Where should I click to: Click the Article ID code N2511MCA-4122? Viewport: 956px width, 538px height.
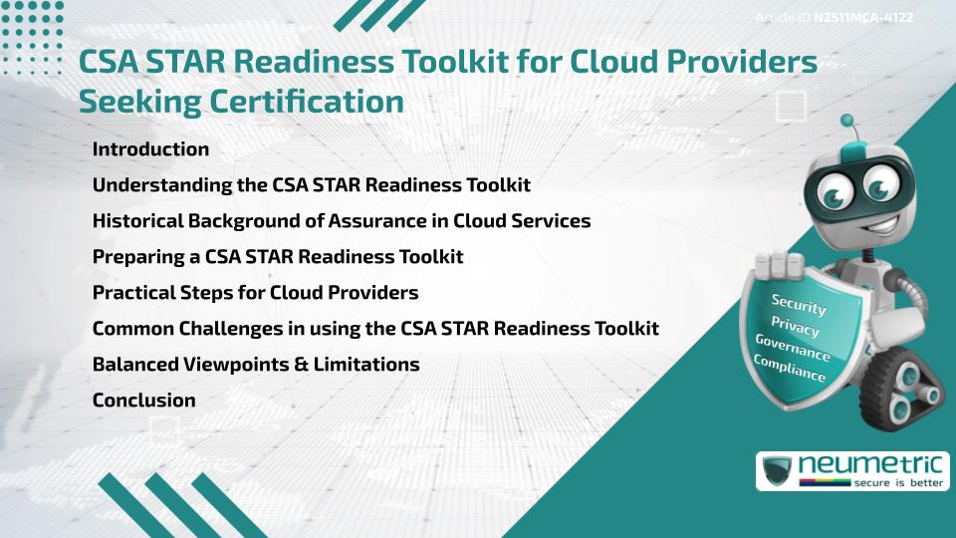click(863, 17)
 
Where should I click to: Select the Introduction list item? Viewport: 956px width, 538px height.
click(150, 149)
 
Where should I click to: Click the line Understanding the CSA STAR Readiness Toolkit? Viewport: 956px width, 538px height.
click(311, 185)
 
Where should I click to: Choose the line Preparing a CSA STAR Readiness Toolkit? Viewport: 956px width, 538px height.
click(278, 257)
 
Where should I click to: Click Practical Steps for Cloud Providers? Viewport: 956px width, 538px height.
click(255, 293)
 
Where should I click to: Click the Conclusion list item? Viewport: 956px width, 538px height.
click(143, 401)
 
